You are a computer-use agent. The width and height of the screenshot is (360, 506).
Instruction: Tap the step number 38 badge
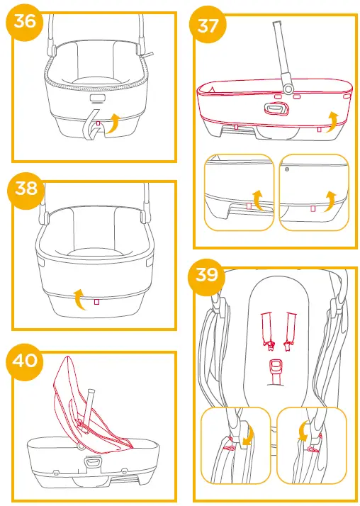pyautogui.click(x=25, y=189)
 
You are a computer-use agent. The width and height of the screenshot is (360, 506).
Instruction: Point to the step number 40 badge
pyautogui.click(x=25, y=359)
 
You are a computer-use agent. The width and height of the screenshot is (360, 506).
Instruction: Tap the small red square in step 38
pyautogui.click(x=96, y=302)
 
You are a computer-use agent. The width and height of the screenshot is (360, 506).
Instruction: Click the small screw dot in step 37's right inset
pyautogui.click(x=286, y=170)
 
